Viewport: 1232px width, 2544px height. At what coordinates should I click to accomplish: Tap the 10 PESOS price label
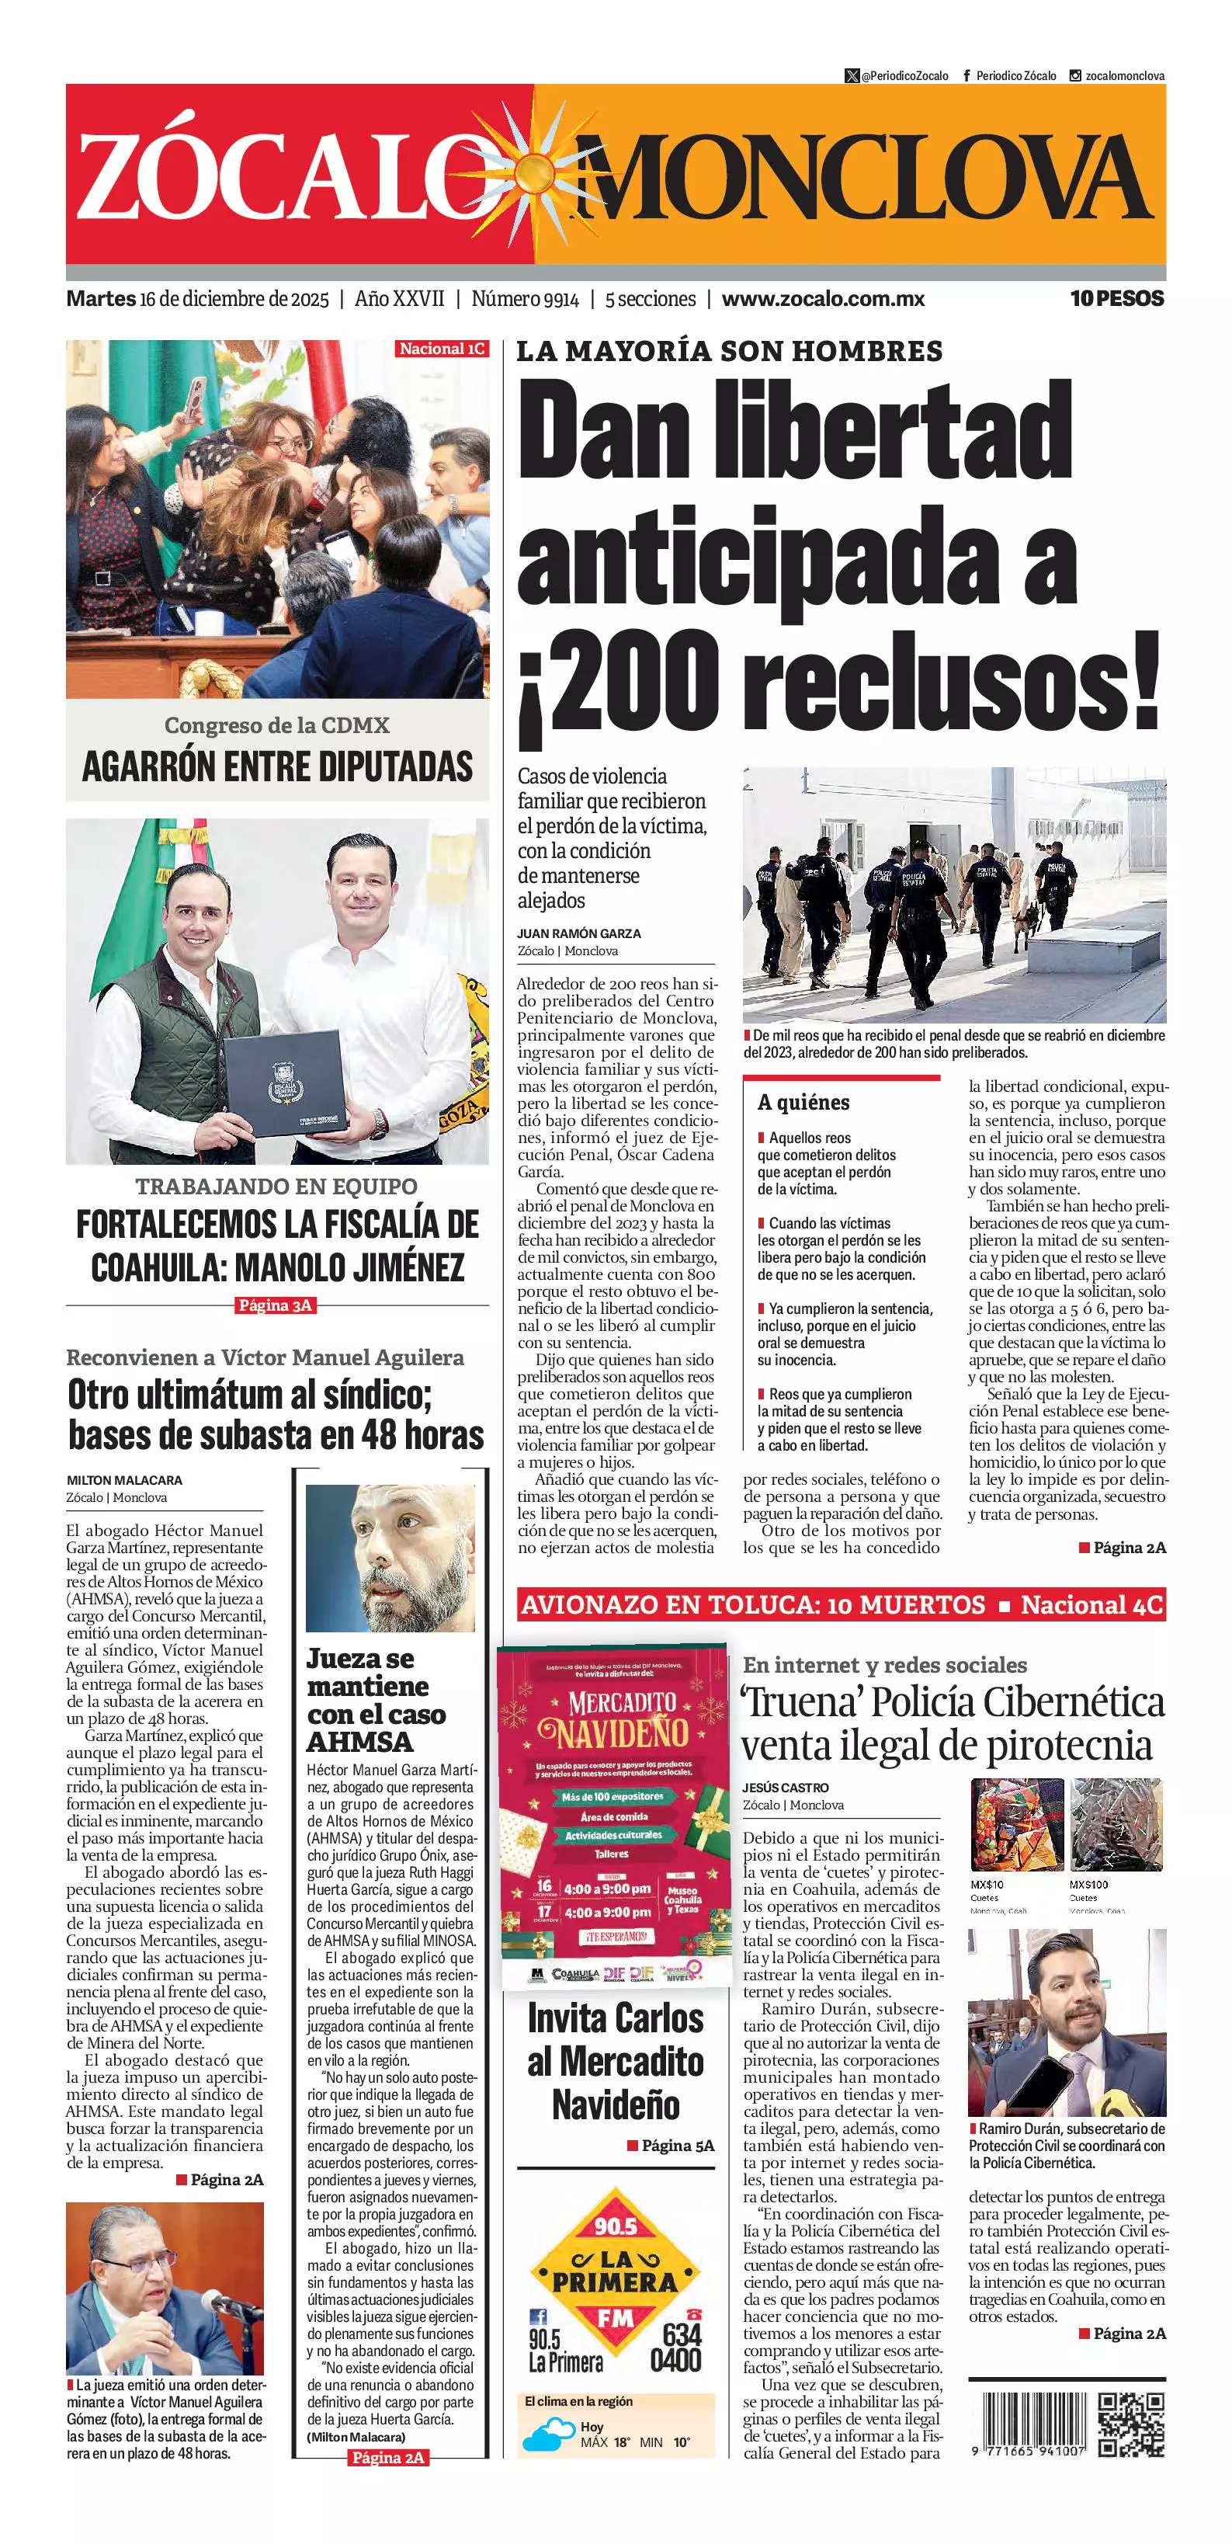tap(1116, 298)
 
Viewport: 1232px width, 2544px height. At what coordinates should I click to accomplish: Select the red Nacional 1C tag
tap(442, 349)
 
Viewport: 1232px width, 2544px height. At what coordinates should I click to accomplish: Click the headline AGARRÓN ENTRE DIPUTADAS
tap(277, 766)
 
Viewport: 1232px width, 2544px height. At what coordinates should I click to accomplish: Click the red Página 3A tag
tap(276, 1305)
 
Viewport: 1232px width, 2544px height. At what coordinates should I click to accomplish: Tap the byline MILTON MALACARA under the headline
tap(124, 1480)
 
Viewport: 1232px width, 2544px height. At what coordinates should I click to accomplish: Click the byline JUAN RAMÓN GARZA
tap(578, 933)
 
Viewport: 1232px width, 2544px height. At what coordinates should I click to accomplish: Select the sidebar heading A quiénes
tap(803, 1102)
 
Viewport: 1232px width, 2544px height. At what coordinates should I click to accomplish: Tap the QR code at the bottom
tap(1131, 2425)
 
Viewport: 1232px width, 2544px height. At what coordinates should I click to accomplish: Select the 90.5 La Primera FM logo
tap(615, 2285)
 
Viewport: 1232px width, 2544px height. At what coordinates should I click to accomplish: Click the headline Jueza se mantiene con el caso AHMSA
tap(376, 1700)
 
